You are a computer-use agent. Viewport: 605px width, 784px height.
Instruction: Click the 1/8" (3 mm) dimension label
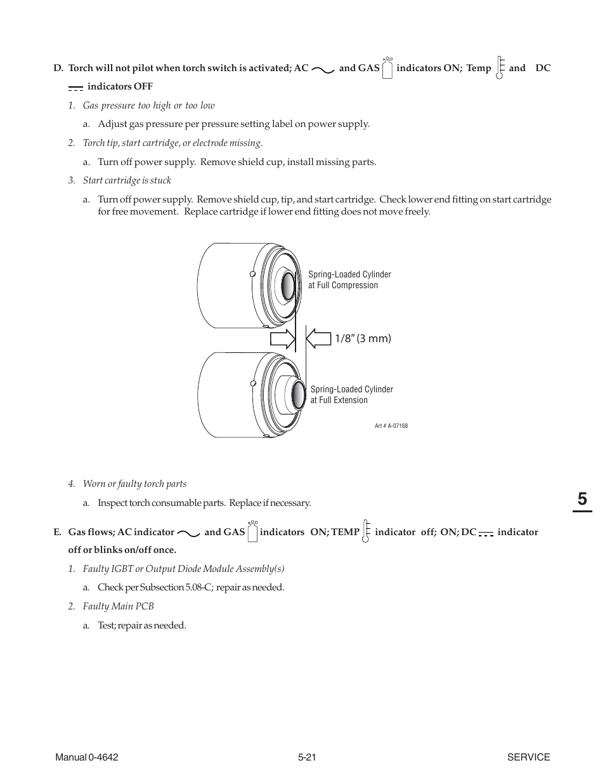click(363, 339)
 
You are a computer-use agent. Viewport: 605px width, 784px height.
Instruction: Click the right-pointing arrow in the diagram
click(283, 338)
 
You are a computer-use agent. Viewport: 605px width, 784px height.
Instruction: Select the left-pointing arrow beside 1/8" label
click(318, 338)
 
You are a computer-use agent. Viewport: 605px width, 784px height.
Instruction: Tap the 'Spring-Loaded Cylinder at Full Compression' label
click(349, 280)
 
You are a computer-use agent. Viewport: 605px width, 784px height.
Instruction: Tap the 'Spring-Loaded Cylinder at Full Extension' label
click(351, 395)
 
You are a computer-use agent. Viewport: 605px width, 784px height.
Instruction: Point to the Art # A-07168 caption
click(391, 426)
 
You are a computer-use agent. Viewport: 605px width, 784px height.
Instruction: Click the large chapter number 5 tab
click(582, 500)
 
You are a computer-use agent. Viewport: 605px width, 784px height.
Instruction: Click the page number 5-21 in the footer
click(307, 757)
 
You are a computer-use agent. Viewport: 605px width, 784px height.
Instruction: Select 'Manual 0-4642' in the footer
click(87, 757)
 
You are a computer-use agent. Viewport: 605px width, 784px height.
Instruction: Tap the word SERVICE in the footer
click(528, 757)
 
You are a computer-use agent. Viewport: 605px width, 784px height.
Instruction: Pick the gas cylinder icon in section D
click(387, 68)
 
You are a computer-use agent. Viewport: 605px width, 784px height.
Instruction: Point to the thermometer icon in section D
click(500, 67)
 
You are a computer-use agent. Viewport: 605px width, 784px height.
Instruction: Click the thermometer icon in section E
click(366, 531)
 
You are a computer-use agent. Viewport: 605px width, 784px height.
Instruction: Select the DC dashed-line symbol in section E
click(486, 535)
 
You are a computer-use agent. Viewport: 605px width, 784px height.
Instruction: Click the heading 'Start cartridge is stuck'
click(127, 181)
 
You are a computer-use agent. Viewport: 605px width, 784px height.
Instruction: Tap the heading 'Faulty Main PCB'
click(118, 606)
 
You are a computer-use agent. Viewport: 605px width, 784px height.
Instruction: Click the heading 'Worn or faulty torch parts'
click(134, 484)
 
